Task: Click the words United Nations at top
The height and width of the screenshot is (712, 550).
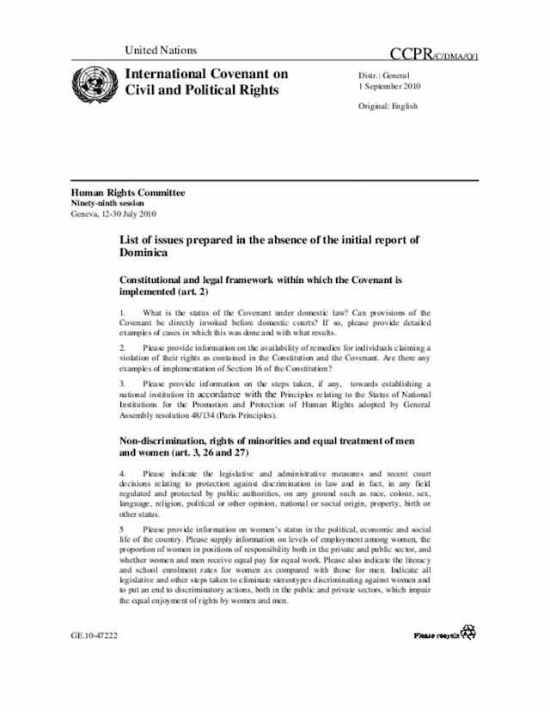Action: click(x=161, y=51)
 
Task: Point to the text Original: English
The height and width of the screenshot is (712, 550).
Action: click(x=388, y=106)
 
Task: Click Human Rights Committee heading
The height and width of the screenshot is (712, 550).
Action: click(x=128, y=193)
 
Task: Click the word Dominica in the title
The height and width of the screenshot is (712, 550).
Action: click(x=145, y=255)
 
